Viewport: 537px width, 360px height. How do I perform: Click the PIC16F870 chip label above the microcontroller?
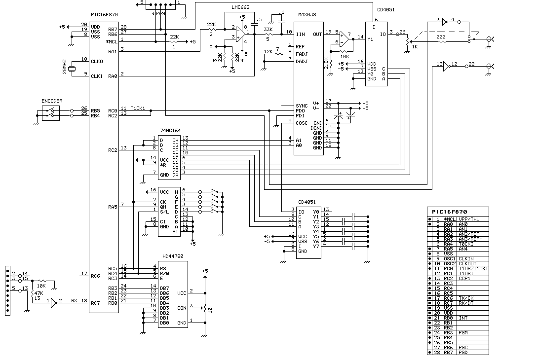tap(104, 15)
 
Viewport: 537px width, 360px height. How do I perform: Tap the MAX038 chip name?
tap(307, 15)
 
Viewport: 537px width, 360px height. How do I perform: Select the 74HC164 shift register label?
tap(170, 130)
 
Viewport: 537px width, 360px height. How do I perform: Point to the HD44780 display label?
tap(173, 256)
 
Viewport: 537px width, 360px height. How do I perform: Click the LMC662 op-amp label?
tap(240, 7)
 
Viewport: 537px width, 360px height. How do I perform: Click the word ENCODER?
tap(52, 101)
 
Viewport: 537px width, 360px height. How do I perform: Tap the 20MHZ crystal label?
tap(64, 67)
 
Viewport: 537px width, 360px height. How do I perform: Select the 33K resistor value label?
tap(268, 30)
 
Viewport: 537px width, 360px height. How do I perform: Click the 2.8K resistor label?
tap(326, 63)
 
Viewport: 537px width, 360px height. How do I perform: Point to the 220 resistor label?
tap(441, 36)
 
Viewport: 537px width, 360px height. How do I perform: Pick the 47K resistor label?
tap(39, 293)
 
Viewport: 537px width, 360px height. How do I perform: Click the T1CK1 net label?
tap(138, 108)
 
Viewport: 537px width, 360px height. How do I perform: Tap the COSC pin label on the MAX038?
tap(302, 123)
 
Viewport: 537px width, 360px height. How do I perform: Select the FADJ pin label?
tap(302, 54)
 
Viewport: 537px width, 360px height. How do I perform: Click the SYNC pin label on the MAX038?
tap(302, 106)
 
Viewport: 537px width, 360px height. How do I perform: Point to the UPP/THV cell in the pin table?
tap(469, 219)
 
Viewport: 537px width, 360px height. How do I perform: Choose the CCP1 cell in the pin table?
tap(464, 279)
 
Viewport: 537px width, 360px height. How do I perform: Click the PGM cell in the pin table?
tap(463, 332)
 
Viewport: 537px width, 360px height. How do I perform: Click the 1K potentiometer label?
tap(415, 47)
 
